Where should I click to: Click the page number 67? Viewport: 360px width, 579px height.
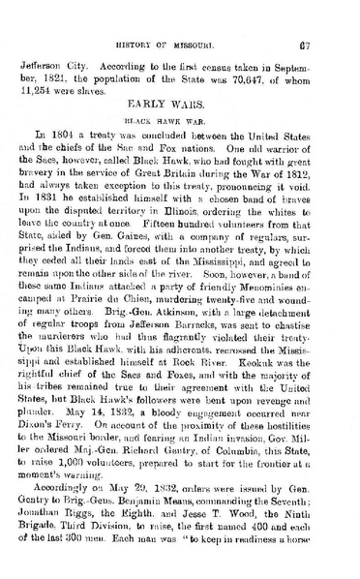pos(331,17)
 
